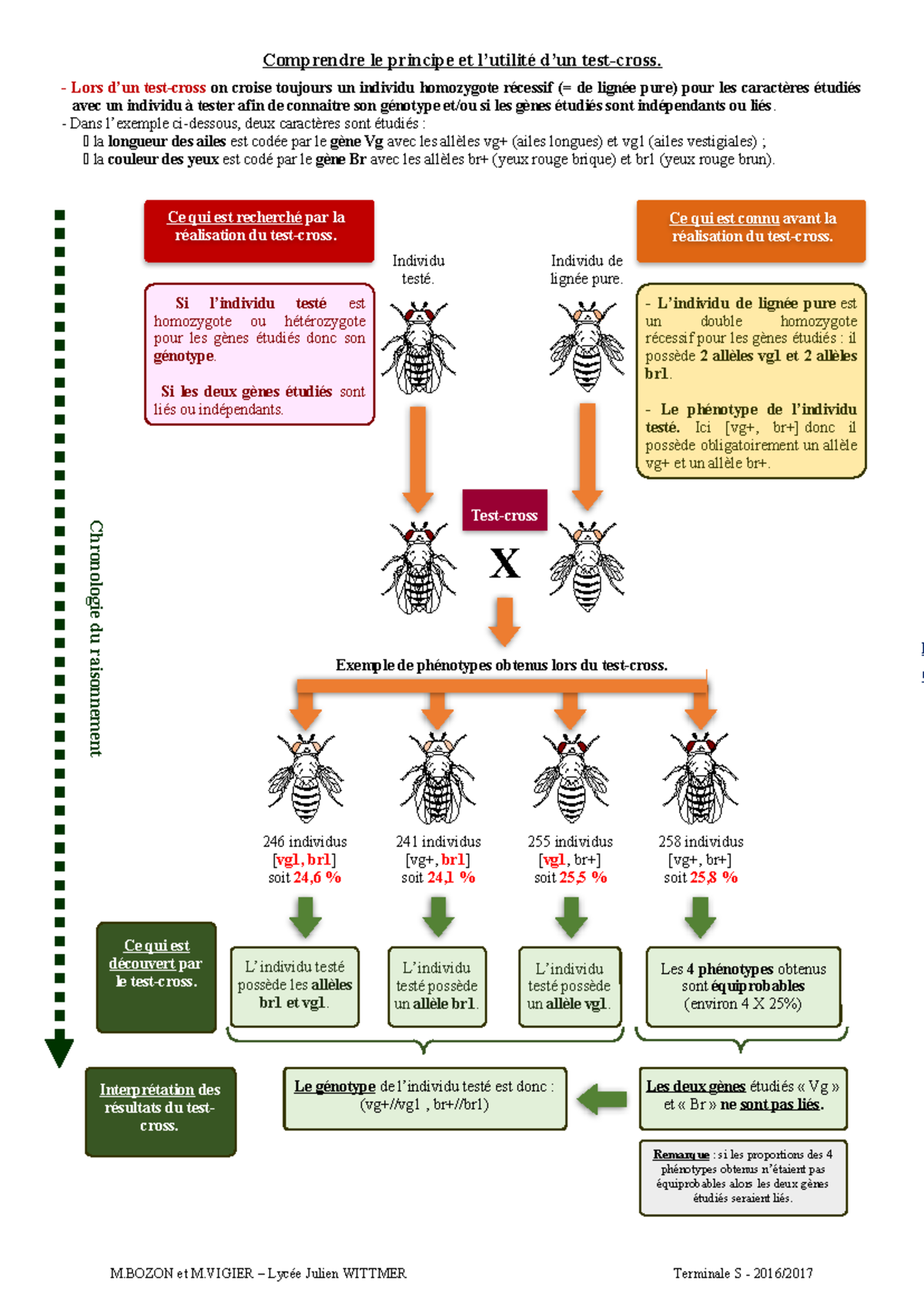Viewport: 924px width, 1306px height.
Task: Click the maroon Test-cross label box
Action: tap(504, 511)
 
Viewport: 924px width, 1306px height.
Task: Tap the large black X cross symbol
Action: tap(505, 564)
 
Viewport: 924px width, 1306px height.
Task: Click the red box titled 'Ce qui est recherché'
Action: tap(258, 230)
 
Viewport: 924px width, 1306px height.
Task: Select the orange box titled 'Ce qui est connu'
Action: tap(751, 230)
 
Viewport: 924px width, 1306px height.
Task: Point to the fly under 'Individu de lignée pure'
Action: tap(587, 347)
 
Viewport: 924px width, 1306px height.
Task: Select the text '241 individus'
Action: tap(438, 842)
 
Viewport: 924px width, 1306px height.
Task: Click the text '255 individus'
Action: tap(570, 842)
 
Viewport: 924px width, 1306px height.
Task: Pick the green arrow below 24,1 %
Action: tap(438, 916)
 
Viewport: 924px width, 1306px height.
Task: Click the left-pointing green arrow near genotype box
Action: tap(602, 1099)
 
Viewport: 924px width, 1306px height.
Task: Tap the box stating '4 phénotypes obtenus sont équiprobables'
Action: tap(743, 986)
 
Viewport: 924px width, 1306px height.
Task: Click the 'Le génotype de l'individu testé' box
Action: tap(424, 1097)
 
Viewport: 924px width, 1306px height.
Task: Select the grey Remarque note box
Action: tap(742, 1177)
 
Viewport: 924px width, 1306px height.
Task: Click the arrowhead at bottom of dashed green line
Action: tap(59, 1052)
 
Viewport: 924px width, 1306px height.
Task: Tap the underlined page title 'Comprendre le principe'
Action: tap(462, 60)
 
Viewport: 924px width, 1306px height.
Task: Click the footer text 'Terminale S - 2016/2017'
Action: tap(742, 1273)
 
